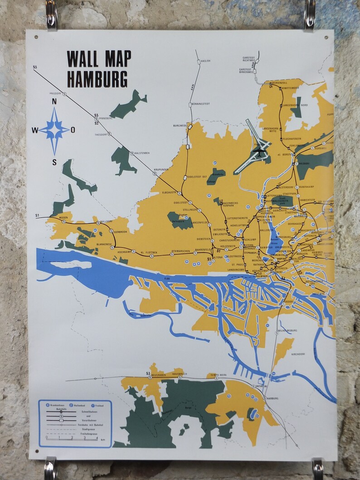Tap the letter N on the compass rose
coord(54,102)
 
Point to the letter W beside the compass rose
coord(35,131)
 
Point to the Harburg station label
coord(272,398)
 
